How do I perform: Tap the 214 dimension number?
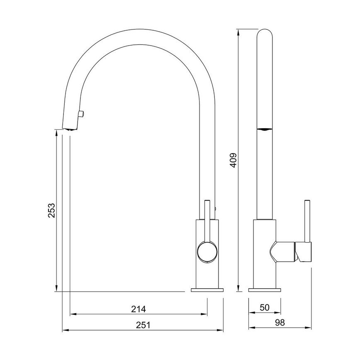point(138,309)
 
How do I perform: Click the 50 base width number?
point(264,308)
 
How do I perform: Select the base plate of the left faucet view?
point(207,289)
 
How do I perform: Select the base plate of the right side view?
point(264,289)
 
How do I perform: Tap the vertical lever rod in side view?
point(307,220)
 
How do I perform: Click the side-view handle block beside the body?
point(303,252)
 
